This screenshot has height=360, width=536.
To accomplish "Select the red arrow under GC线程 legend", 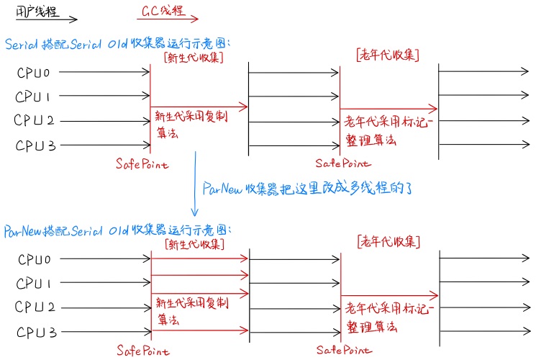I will tap(167, 21).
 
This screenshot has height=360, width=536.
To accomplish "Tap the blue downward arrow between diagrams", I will tap(194, 184).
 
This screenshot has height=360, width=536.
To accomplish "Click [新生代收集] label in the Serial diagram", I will tap(193, 57).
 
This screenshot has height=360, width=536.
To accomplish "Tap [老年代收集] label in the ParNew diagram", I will tap(388, 241).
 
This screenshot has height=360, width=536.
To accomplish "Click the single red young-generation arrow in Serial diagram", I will tap(199, 107).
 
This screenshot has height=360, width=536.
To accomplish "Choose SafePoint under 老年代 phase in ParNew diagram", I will tap(344, 351).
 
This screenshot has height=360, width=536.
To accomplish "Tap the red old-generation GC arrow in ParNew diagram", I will tap(389, 294).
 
